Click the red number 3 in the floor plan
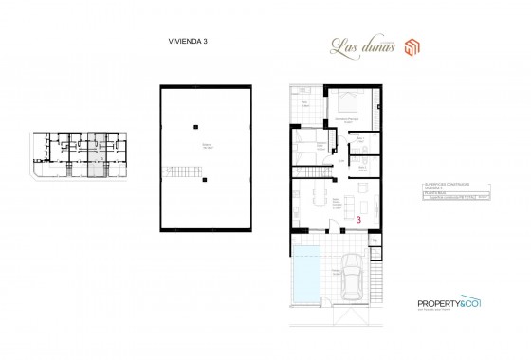358,219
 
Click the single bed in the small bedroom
304,148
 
